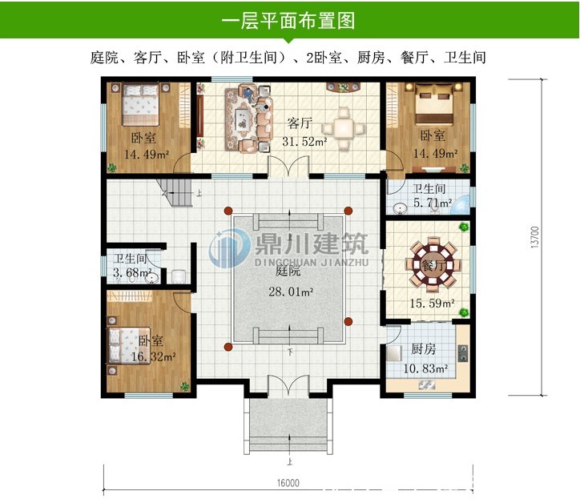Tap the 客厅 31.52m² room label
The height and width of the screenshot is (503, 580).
click(x=302, y=132)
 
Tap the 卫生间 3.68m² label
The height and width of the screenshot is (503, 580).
click(x=131, y=266)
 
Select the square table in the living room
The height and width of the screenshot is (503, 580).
click(x=345, y=127)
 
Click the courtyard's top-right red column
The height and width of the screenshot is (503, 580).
click(x=348, y=211)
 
